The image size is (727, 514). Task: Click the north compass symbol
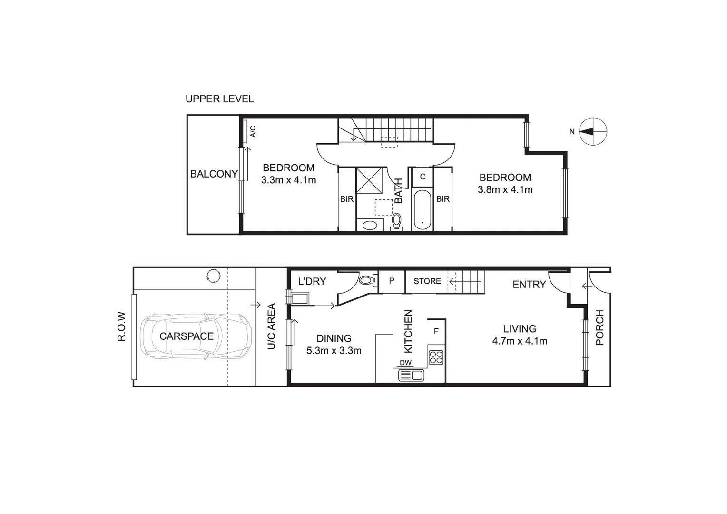tap(593, 131)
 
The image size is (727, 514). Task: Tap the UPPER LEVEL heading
tap(219, 99)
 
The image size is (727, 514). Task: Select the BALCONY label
tap(214, 174)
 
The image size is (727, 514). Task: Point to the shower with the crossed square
tap(371, 180)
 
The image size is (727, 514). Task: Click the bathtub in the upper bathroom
tap(422, 209)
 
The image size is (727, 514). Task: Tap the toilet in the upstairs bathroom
tap(396, 221)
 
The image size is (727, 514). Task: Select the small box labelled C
tap(422, 177)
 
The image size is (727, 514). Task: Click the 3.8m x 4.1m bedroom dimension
tap(505, 190)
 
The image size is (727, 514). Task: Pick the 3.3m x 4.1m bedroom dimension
tap(288, 180)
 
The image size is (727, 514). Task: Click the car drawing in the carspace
tap(196, 336)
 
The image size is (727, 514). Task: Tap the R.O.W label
tap(122, 326)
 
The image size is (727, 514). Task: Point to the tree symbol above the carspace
tap(213, 276)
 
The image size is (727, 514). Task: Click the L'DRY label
tap(312, 281)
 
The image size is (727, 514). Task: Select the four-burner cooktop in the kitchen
tap(436, 357)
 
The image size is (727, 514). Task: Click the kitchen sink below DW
tap(411, 376)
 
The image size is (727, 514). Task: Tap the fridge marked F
tap(436, 331)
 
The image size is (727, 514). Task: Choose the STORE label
tap(427, 281)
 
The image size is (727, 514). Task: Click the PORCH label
tap(599, 327)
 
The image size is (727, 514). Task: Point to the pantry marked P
tap(392, 281)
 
